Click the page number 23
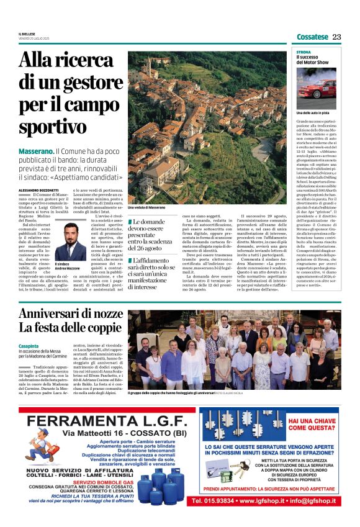pos(336,37)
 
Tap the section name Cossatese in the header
pos(312,37)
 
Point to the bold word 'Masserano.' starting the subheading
pos(35,151)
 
